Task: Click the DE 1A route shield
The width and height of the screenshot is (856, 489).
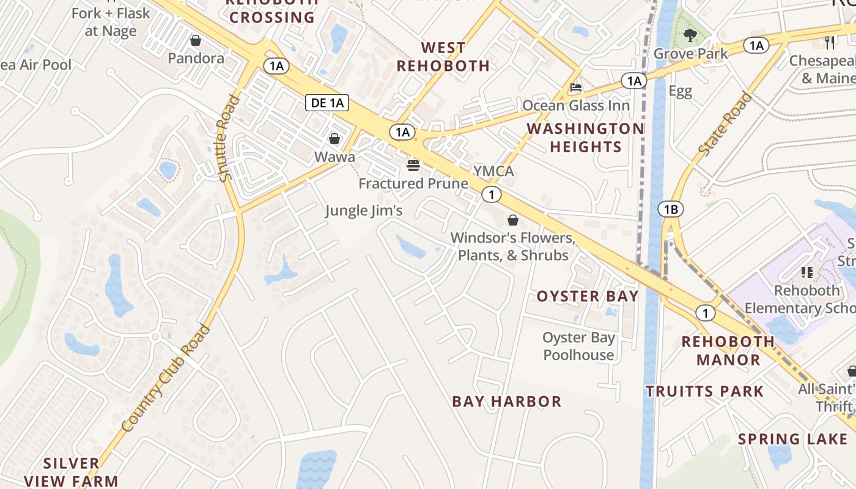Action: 327,103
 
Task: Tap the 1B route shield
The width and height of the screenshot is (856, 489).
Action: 671,210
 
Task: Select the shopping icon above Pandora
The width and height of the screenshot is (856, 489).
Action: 196,41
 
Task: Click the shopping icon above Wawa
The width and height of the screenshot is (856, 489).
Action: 334,139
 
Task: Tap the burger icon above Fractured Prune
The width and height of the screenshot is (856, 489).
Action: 413,165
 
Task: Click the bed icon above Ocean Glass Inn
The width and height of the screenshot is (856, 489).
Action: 575,87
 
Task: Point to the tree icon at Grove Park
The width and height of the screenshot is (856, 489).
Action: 690,35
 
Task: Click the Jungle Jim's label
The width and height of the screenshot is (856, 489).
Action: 364,211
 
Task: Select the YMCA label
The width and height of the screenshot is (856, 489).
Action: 493,171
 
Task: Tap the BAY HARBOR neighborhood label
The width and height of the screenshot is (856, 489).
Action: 506,402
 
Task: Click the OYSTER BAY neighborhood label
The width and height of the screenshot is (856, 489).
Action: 587,296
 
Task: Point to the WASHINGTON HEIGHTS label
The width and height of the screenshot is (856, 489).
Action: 586,138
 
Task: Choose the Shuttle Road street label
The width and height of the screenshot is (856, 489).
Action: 226,138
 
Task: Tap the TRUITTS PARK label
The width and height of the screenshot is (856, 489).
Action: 704,391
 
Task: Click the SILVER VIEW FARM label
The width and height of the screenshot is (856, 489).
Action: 72,472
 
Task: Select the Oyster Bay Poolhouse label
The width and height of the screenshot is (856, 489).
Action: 578,346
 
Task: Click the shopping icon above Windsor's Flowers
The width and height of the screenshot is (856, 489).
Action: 513,220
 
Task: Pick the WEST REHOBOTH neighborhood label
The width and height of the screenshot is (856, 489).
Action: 443,56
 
